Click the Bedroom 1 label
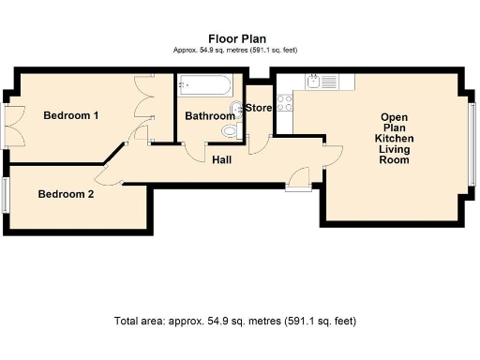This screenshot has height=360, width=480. coord(71,115)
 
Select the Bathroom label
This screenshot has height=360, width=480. coord(209,116)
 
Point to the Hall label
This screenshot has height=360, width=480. coord(221,159)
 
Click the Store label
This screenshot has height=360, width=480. coord(259,108)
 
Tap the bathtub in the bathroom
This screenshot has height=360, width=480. coord(202,87)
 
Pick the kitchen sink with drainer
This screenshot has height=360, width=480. coord(322,81)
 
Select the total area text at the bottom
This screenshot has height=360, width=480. coord(234,321)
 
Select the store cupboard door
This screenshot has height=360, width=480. coord(258,143)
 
